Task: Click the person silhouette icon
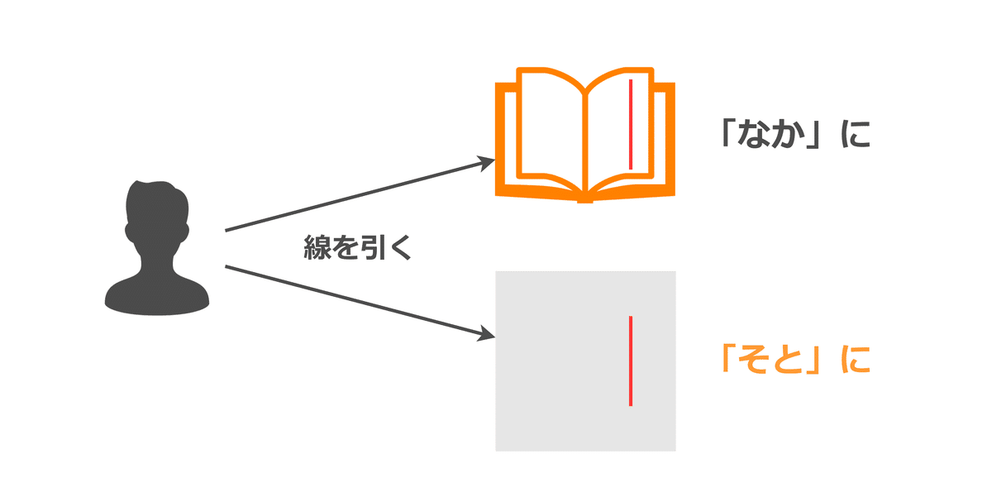(157, 248)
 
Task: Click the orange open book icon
(585, 136)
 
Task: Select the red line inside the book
(631, 124)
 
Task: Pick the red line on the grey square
(631, 361)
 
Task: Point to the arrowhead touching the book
(487, 164)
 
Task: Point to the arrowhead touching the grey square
(487, 335)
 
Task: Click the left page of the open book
(550, 124)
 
